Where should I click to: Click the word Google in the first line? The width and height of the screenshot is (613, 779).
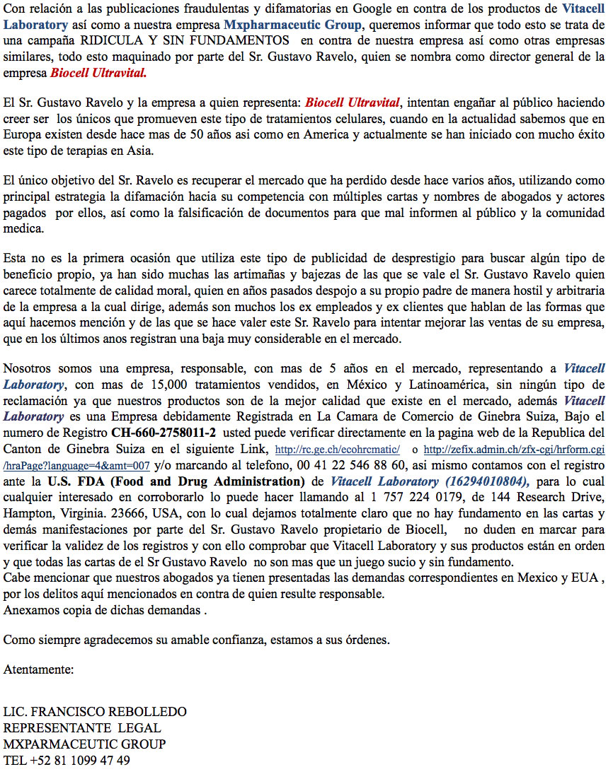(x=372, y=9)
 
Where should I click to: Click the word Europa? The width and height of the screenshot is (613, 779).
(x=22, y=134)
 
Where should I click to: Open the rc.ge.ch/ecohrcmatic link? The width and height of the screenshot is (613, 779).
(x=338, y=450)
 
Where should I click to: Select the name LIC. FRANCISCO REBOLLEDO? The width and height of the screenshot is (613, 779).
(x=95, y=711)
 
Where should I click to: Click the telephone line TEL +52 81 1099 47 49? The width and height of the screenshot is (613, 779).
(x=67, y=760)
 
